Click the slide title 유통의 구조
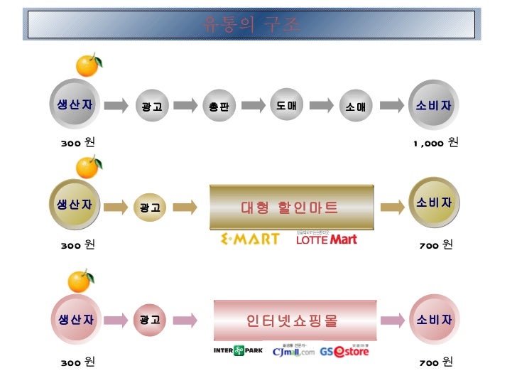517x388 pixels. (x=252, y=24)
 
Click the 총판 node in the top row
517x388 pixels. (x=219, y=107)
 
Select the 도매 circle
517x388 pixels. (x=287, y=105)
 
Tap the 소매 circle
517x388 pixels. (x=355, y=107)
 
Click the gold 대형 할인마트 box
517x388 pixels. (x=290, y=207)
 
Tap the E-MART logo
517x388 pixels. (x=250, y=239)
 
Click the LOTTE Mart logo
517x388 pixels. (x=326, y=239)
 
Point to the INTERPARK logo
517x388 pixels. (x=238, y=350)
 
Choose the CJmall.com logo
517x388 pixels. (x=293, y=351)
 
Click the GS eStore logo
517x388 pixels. (x=344, y=351)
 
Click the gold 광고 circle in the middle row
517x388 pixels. (x=150, y=208)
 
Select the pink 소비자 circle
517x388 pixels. (x=434, y=320)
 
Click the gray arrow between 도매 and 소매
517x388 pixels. (x=321, y=105)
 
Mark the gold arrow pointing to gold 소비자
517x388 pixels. (x=393, y=207)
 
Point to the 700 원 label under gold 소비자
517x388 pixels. (x=436, y=245)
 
